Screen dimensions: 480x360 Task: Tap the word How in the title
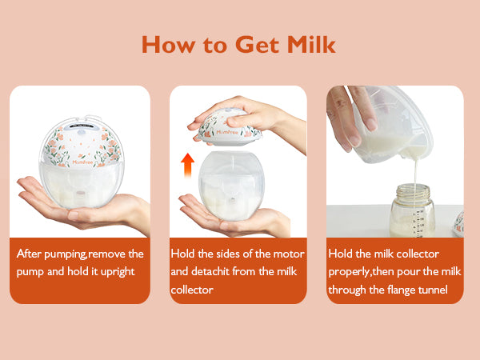[168, 45]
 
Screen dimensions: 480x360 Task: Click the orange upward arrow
[188, 165]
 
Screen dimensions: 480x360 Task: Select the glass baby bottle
[412, 210]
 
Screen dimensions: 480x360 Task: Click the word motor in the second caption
[289, 254]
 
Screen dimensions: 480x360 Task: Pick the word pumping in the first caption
[66, 254]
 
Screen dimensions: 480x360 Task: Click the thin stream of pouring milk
[416, 174]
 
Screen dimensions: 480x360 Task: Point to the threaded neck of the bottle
[413, 190]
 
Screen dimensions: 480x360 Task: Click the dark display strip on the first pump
[81, 126]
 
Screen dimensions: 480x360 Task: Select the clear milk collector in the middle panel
[231, 186]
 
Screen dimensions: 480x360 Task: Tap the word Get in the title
[257, 45]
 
